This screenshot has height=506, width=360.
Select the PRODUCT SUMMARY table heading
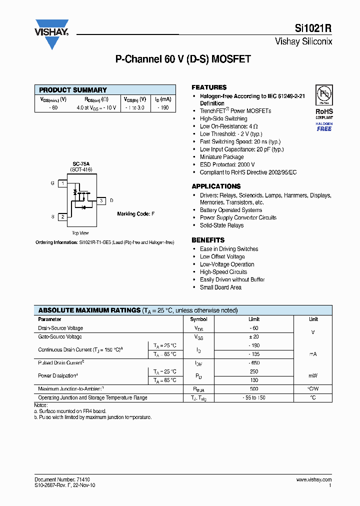pos(73,90)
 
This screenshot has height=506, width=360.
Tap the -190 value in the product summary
pos(163,107)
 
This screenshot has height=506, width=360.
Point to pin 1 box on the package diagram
pos(62,183)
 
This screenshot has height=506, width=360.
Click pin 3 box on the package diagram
pos(101,200)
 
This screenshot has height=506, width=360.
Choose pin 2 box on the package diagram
pos(62,217)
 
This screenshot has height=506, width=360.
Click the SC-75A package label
pos(80,164)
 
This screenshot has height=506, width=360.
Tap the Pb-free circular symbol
pos(323,94)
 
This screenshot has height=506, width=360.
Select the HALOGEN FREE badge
pos(324,126)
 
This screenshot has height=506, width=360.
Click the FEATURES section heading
pos(209,87)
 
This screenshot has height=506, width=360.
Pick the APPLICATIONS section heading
pos(216,186)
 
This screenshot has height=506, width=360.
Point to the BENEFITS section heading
pos(208,240)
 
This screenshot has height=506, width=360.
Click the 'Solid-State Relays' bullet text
pos(221,225)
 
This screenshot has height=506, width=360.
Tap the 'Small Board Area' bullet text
pos(220,287)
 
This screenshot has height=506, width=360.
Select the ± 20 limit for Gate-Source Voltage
pos(254,337)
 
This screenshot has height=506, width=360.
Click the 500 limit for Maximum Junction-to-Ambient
pos(254,388)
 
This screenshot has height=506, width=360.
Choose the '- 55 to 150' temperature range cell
pos(254,397)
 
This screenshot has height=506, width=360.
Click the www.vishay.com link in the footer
pos(312,479)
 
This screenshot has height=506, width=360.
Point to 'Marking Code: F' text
pos(136,214)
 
